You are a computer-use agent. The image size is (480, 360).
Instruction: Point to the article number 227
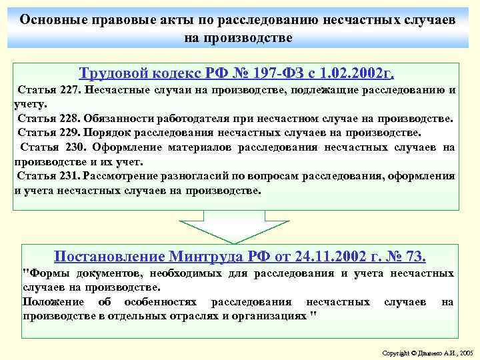[69, 90]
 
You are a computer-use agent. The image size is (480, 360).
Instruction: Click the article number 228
[69, 119]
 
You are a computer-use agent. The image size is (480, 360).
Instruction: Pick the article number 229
[69, 133]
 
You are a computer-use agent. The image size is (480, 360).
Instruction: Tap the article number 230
[74, 147]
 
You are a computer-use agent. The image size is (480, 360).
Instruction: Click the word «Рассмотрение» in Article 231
[123, 176]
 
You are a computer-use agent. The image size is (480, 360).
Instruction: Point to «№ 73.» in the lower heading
[407, 257]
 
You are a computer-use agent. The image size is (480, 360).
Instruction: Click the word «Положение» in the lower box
[53, 302]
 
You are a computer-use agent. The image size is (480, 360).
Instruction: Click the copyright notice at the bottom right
[427, 351]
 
